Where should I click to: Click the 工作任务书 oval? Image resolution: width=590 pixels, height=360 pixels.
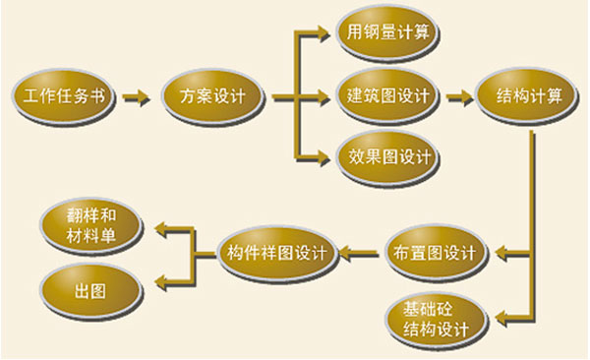[63, 97]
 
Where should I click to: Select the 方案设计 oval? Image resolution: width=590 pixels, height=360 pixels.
[212, 97]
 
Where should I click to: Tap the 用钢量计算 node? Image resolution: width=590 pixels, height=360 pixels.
[387, 33]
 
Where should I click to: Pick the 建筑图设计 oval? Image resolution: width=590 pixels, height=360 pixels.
[387, 97]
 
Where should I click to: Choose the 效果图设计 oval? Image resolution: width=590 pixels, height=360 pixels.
[387, 157]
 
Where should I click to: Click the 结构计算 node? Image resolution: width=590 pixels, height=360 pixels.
[527, 97]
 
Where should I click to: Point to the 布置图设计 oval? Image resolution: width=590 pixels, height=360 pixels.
[436, 253]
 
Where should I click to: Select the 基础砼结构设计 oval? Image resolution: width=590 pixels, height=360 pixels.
[436, 320]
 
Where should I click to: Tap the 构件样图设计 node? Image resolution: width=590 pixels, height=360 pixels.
[277, 253]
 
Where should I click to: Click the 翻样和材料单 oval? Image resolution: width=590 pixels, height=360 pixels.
[91, 226]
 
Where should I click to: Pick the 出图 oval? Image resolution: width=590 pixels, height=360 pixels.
[91, 292]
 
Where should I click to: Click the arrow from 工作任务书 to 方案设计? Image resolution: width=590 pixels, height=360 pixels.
[137, 98]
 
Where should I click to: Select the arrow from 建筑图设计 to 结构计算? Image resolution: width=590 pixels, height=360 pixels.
[460, 98]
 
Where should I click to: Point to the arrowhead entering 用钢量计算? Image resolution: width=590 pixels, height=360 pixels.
[324, 34]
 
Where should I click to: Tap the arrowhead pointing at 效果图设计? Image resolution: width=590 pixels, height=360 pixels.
[324, 157]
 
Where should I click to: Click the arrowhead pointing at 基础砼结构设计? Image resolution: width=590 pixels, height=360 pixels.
[502, 319]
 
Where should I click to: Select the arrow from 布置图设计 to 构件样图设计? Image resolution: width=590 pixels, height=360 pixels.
[359, 253]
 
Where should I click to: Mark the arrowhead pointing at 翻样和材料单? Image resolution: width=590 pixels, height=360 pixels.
[162, 229]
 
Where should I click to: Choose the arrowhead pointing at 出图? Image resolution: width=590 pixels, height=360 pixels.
[162, 282]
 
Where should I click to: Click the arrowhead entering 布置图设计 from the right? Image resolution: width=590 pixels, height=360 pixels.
[502, 253]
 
